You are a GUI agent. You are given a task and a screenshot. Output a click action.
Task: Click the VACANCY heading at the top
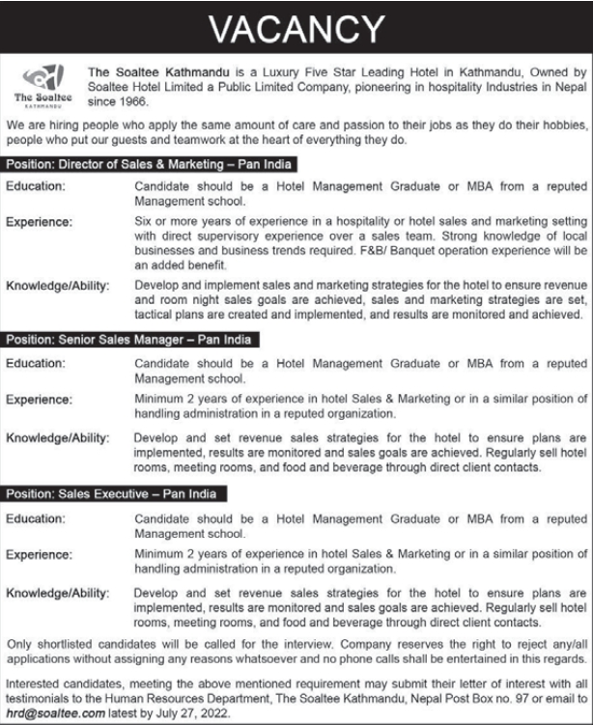point(296,29)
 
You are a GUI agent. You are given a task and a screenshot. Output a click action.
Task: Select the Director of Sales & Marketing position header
point(150,165)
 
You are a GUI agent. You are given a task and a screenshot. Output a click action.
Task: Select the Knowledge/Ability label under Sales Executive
point(58,589)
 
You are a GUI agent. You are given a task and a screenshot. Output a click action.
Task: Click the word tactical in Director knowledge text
point(156,315)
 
